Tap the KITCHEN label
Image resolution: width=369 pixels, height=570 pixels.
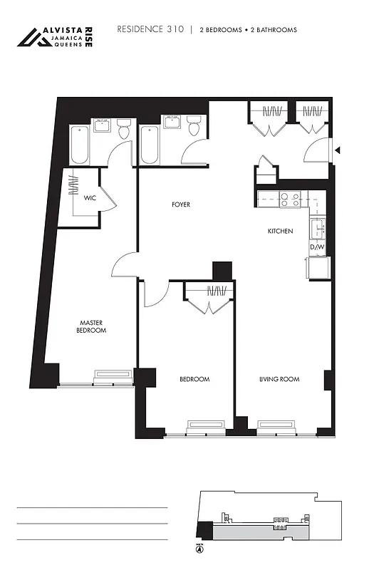point(280,231)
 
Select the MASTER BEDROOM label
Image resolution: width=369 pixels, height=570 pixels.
point(93,326)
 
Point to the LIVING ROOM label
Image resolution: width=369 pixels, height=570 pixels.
point(279,379)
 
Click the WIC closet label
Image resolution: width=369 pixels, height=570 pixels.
point(90,197)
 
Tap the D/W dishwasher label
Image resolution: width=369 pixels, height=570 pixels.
point(318,247)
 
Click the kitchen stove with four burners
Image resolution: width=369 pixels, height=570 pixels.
point(290,200)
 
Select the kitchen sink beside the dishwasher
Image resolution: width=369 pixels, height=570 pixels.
point(318,229)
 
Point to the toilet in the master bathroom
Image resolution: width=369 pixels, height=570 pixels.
point(123,129)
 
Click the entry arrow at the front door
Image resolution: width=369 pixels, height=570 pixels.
point(338,150)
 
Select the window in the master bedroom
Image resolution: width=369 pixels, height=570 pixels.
point(114,375)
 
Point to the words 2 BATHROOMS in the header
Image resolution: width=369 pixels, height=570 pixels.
point(274,30)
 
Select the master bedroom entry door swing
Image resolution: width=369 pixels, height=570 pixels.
point(123,266)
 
